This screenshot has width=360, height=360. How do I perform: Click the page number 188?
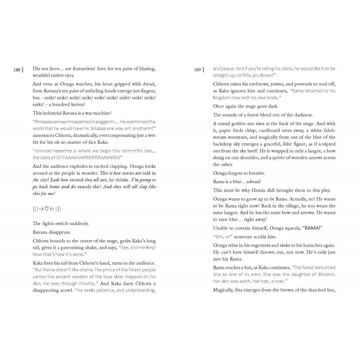(x=17, y=70)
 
